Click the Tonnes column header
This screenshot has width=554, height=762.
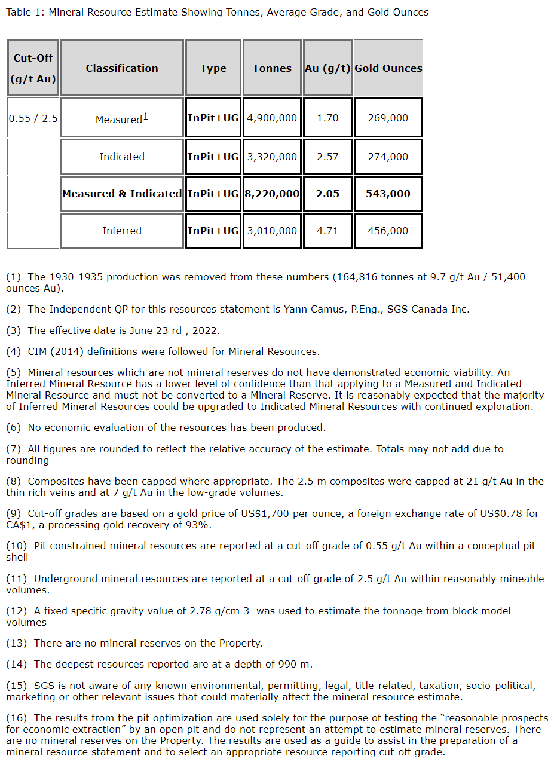click(272, 68)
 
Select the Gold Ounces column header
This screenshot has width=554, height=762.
click(388, 68)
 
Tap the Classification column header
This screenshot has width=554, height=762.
click(122, 68)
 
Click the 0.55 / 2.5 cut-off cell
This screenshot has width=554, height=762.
click(33, 118)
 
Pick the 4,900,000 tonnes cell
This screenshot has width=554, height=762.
click(272, 118)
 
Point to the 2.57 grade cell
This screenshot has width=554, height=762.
click(327, 157)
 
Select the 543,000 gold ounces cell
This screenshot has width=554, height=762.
click(388, 194)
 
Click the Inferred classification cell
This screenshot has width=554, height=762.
click(122, 231)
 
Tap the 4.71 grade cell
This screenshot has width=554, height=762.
click(327, 231)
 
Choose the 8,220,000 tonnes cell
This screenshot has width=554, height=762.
click(272, 194)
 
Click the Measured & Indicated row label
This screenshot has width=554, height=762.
click(122, 194)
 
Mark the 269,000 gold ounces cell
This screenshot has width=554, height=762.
click(388, 118)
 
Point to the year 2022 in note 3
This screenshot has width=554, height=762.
click(206, 330)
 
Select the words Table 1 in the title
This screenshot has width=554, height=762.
click(23, 12)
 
